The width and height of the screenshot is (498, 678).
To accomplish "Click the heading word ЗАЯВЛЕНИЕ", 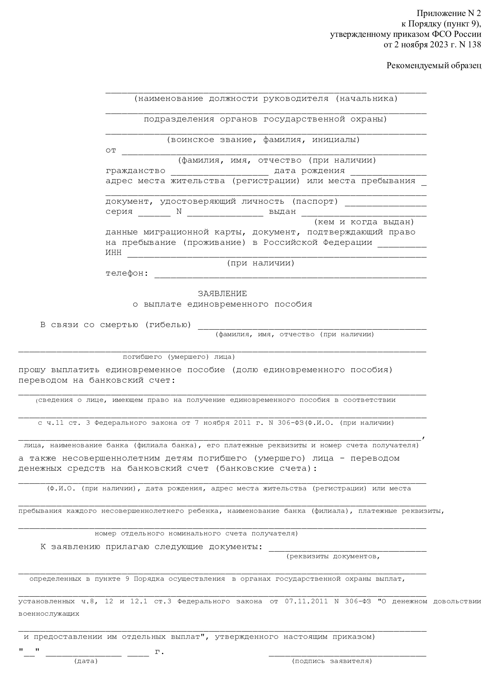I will [x=222, y=293].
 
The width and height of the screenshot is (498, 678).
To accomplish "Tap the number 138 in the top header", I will [x=474, y=45].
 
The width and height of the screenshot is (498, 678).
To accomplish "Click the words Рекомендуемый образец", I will [x=434, y=66].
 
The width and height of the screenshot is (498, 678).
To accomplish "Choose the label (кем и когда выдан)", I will [x=364, y=222].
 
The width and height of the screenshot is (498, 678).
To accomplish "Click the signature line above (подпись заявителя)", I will [x=347, y=654].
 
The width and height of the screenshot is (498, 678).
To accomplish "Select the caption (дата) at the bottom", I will [x=86, y=661].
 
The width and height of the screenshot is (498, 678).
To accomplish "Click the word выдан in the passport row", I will [x=282, y=212].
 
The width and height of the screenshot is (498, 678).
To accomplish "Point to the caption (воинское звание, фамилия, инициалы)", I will [x=263, y=140].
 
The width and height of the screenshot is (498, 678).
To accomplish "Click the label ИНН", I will [x=113, y=253].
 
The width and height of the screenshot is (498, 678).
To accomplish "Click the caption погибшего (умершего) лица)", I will [x=179, y=357].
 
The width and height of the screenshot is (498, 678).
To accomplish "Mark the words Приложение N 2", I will [x=449, y=13].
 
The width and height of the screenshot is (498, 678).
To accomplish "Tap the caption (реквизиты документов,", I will [x=333, y=556].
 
